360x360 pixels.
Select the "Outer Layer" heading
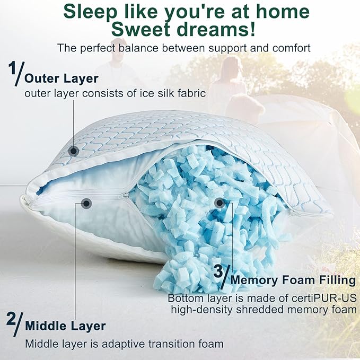point(62,78)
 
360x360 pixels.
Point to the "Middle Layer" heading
point(65,325)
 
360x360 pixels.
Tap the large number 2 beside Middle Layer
point(11,319)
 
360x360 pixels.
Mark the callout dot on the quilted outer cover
point(74,151)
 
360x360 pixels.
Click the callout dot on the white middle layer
point(86,203)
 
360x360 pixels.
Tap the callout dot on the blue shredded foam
point(219,202)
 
